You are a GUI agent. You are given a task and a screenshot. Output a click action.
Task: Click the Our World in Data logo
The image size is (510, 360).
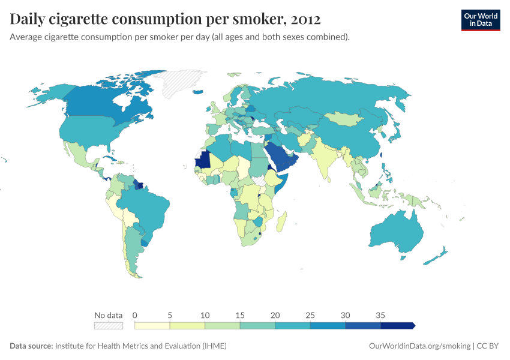pos(480,20)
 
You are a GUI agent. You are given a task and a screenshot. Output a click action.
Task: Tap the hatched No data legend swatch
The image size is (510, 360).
pos(108,325)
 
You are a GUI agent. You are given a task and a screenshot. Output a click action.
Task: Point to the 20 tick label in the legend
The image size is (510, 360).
pos(275,315)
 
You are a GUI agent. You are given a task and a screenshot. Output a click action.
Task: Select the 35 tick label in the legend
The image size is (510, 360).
pos(380,315)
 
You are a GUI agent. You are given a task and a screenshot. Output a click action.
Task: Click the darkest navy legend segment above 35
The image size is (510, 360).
pos(397,325)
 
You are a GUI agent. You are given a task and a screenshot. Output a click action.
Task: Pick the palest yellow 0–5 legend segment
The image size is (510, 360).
pos(152,325)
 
